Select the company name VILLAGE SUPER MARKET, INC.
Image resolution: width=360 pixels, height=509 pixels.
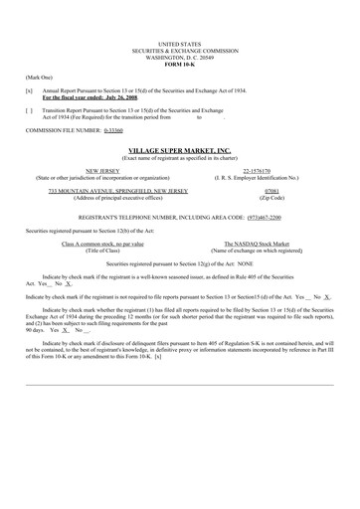[x=179, y=146]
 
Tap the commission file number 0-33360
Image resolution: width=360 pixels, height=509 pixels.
[x=116, y=130]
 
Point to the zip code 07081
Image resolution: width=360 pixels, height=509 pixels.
[x=271, y=190]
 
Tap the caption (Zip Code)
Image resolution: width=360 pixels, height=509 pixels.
[x=271, y=197]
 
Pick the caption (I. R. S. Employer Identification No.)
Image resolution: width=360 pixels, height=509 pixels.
[x=271, y=178]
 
